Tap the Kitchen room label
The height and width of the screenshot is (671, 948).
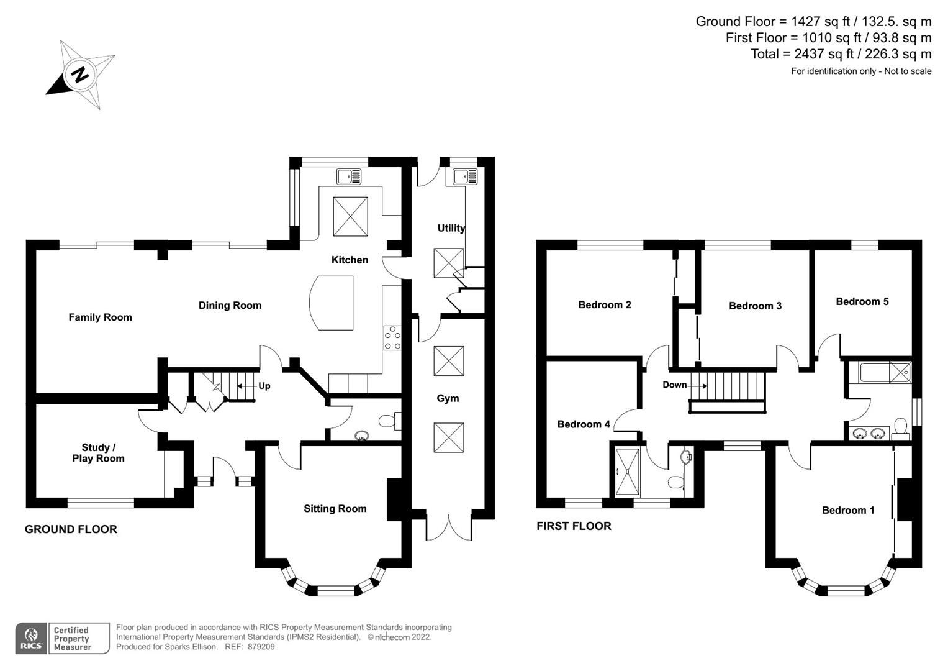(x=350, y=260)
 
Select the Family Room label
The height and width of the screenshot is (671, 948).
(x=100, y=317)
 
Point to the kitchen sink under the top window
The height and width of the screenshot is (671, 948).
(x=349, y=176)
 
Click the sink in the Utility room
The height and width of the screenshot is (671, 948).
(x=464, y=176)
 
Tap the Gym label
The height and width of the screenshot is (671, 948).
(x=448, y=398)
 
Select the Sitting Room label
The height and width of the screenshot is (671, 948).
(x=335, y=509)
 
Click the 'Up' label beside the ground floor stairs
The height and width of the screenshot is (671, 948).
(x=264, y=386)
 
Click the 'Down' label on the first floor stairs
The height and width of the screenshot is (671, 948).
(x=674, y=385)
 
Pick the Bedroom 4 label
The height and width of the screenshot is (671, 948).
(x=583, y=424)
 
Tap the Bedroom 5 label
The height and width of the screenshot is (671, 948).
(x=862, y=302)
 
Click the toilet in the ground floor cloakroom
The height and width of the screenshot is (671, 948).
(x=389, y=421)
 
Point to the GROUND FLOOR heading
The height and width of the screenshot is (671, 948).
(x=71, y=529)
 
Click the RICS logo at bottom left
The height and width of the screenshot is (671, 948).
(x=30, y=638)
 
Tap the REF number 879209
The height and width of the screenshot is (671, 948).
(x=260, y=647)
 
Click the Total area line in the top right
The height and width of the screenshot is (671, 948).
(x=841, y=54)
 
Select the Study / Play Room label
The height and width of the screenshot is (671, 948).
(x=98, y=453)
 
